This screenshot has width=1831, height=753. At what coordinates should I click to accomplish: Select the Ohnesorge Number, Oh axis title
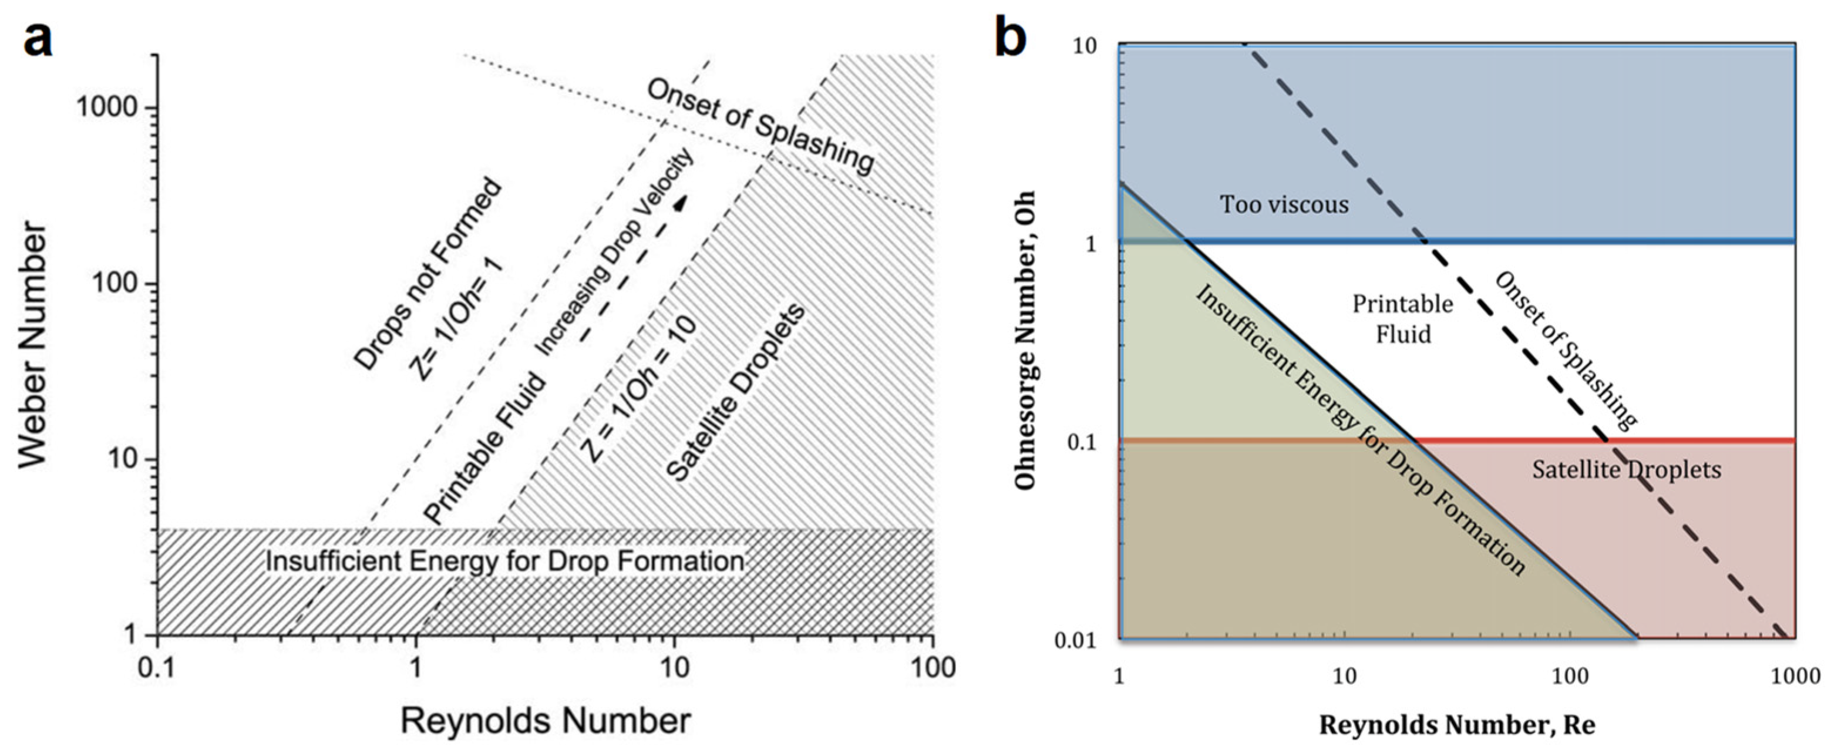click(1024, 341)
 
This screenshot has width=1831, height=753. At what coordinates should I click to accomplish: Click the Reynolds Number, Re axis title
click(1457, 725)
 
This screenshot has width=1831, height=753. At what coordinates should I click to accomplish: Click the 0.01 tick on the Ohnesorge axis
click(1075, 641)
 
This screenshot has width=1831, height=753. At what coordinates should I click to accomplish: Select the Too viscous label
click(1284, 205)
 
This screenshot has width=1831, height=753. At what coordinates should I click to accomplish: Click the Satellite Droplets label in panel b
click(1626, 470)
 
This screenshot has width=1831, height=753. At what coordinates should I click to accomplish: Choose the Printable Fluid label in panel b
click(1402, 318)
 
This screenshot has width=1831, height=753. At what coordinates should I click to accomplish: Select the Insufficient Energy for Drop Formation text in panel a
click(504, 561)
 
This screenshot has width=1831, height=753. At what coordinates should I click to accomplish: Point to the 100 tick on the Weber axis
click(115, 284)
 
